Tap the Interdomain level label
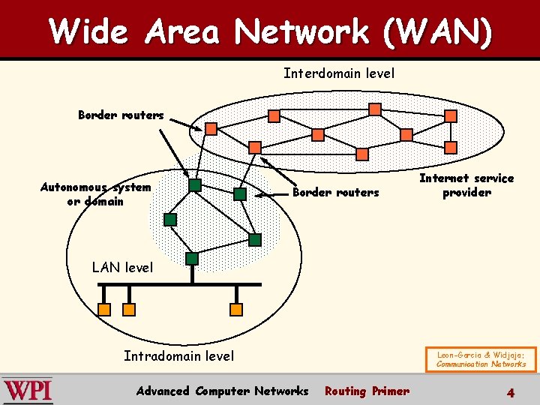click(x=338, y=73)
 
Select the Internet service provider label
click(x=466, y=185)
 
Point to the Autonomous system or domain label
click(x=95, y=194)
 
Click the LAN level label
click(x=121, y=267)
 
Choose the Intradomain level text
click(x=178, y=356)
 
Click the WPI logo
click(x=28, y=391)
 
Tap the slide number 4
click(x=510, y=391)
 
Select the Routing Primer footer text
click(x=367, y=391)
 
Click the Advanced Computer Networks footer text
click(x=222, y=391)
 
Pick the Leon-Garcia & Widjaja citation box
click(x=481, y=358)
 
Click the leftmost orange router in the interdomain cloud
click(x=211, y=129)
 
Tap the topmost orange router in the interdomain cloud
click(x=375, y=109)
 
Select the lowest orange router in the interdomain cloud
click(x=362, y=154)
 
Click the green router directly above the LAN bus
click(x=192, y=259)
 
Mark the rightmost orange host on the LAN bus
click(x=236, y=309)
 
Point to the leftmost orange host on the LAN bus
click(x=105, y=309)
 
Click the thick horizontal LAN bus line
click(x=180, y=284)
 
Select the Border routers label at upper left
click(x=121, y=115)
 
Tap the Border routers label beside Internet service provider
click(x=335, y=193)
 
